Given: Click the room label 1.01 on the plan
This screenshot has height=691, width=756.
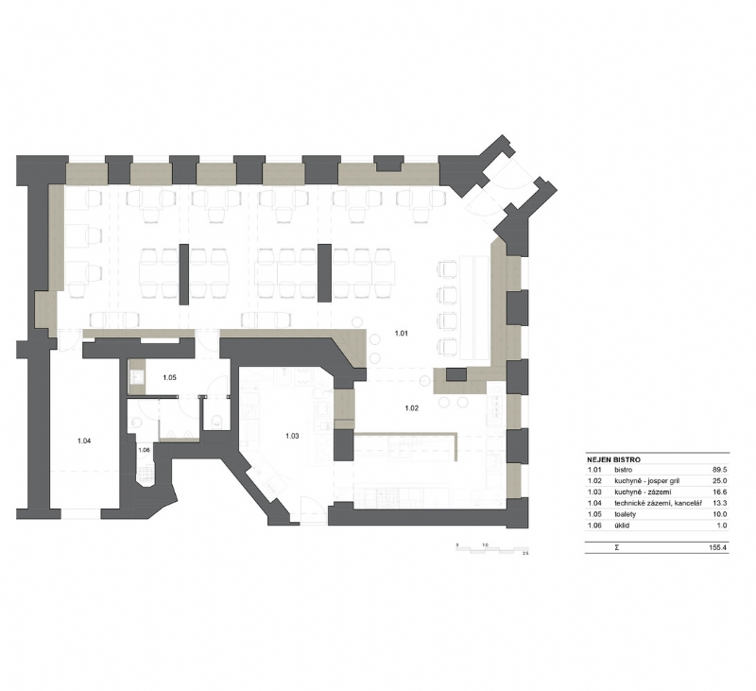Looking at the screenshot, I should [401, 333].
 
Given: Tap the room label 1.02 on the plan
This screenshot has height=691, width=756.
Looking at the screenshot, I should [412, 407].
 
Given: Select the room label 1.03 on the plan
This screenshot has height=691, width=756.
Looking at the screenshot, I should [292, 436].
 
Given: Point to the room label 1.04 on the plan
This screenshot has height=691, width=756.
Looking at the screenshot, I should [84, 441].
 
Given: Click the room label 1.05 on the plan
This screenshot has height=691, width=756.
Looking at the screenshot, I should [169, 378].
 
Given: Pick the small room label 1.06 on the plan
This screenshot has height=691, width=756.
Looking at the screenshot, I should [144, 450].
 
